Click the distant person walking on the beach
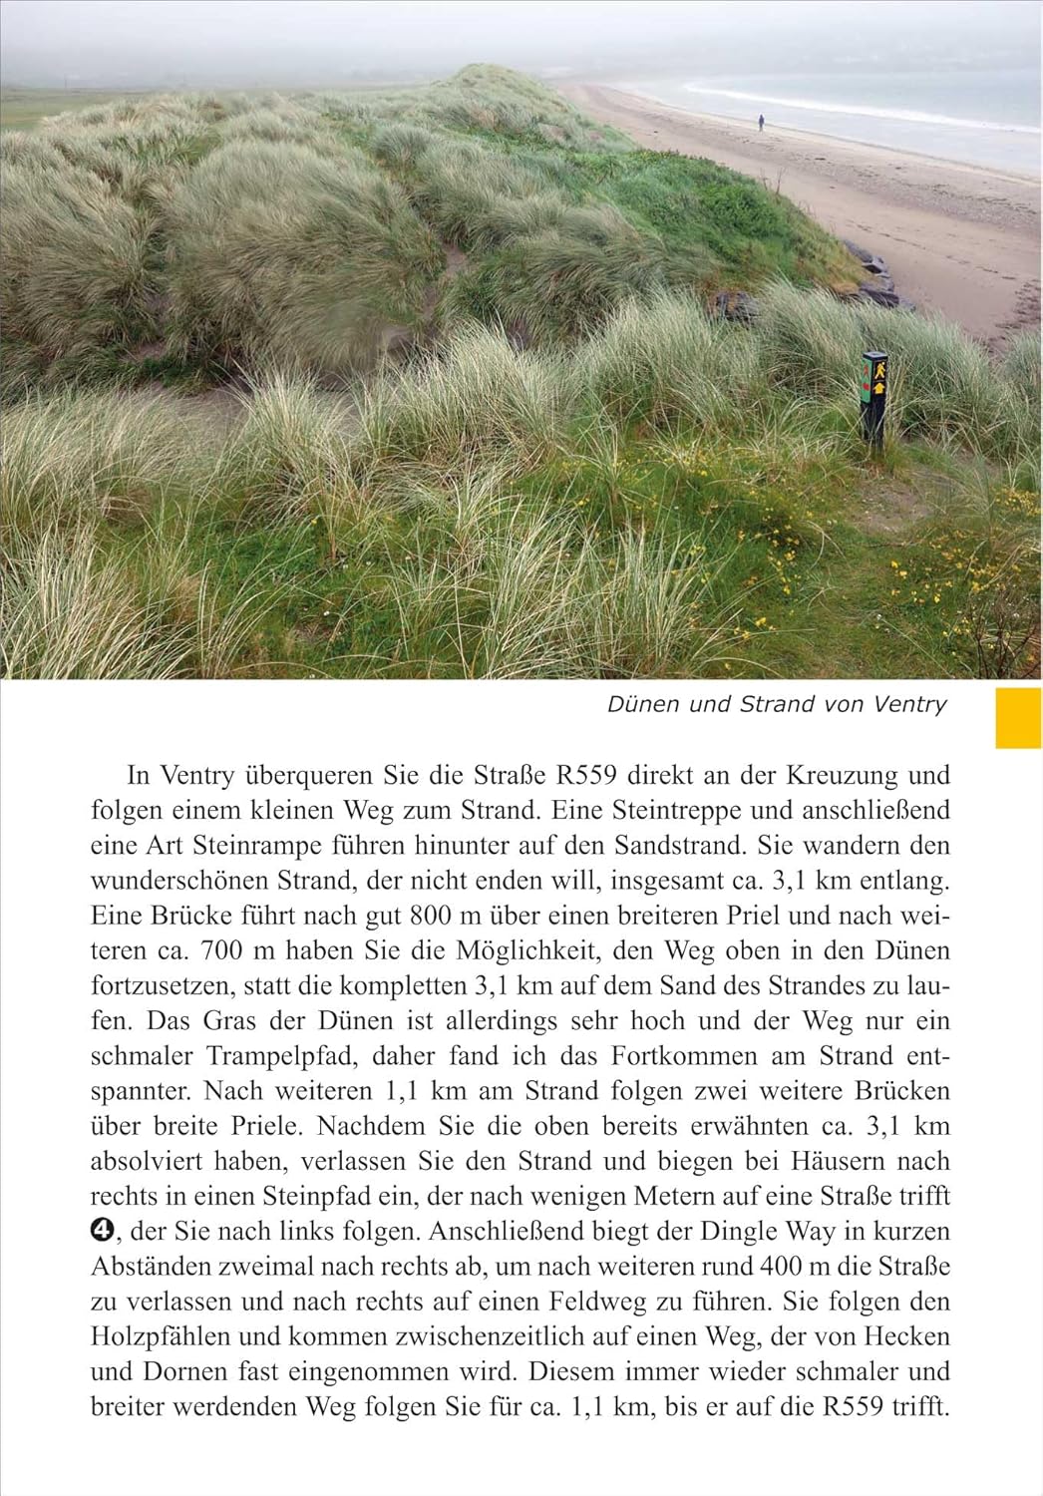coord(761,122)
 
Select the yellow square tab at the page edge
coord(1018,717)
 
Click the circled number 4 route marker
coord(102,1231)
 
